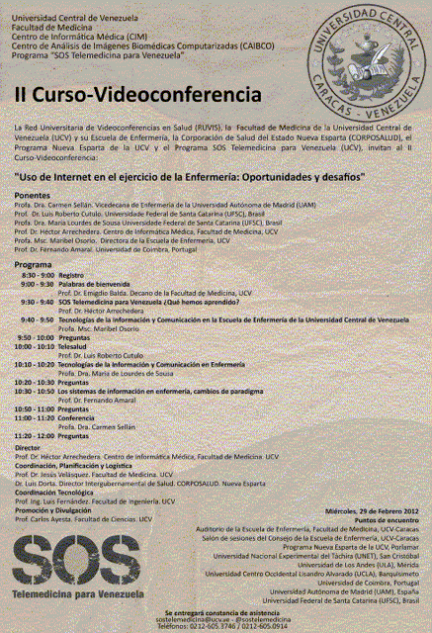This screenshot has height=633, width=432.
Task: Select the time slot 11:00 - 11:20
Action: pyautogui.click(x=34, y=417)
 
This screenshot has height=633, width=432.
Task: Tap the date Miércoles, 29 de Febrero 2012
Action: pyautogui.click(x=379, y=510)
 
